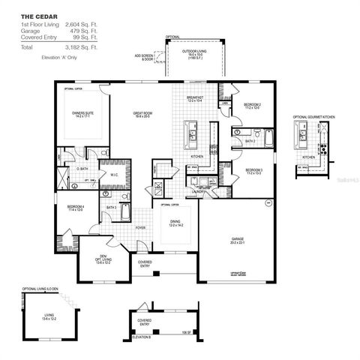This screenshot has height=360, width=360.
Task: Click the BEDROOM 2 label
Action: pyautogui.click(x=252, y=105)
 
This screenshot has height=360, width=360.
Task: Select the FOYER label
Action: pyautogui.click(x=140, y=226)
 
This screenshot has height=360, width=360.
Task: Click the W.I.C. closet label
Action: pyautogui.click(x=113, y=175)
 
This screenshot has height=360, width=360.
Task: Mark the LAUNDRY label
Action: pyautogui.click(x=198, y=192)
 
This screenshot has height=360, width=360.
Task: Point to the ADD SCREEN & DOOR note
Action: pyautogui.click(x=145, y=58)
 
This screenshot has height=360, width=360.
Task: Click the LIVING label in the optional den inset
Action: pyautogui.click(x=49, y=316)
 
